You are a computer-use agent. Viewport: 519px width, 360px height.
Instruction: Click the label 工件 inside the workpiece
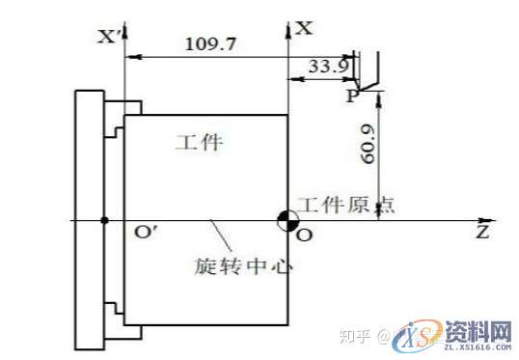199,144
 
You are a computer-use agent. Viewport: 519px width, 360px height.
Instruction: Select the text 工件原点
342,205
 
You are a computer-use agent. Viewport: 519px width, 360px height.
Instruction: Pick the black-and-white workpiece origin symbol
287,220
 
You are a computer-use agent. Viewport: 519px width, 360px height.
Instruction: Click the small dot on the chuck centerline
104,220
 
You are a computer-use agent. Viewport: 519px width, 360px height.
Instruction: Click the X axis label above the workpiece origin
304,29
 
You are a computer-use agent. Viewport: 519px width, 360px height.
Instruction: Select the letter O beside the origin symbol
305,235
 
